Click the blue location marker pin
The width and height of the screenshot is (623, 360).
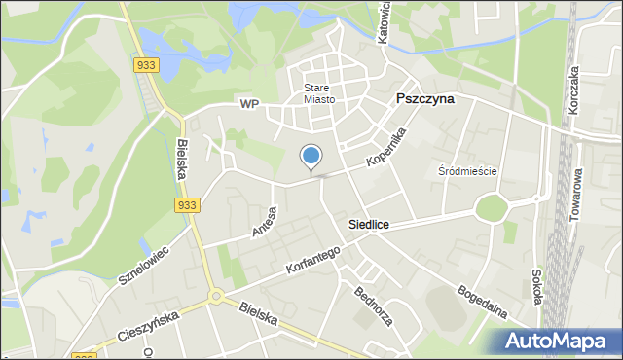[311, 157]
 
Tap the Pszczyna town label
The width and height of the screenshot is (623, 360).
[425, 99]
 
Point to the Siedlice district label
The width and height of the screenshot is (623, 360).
[369, 225]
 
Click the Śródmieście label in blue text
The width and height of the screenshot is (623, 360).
[467, 171]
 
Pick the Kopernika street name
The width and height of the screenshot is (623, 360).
[385, 146]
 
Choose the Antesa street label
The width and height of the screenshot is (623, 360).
[264, 222]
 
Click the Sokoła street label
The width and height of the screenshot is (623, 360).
[535, 287]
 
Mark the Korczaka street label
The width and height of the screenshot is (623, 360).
[574, 91]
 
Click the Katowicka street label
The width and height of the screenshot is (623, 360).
[384, 21]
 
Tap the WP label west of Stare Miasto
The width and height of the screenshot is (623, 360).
[249, 103]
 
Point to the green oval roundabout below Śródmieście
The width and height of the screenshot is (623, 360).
[493, 209]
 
